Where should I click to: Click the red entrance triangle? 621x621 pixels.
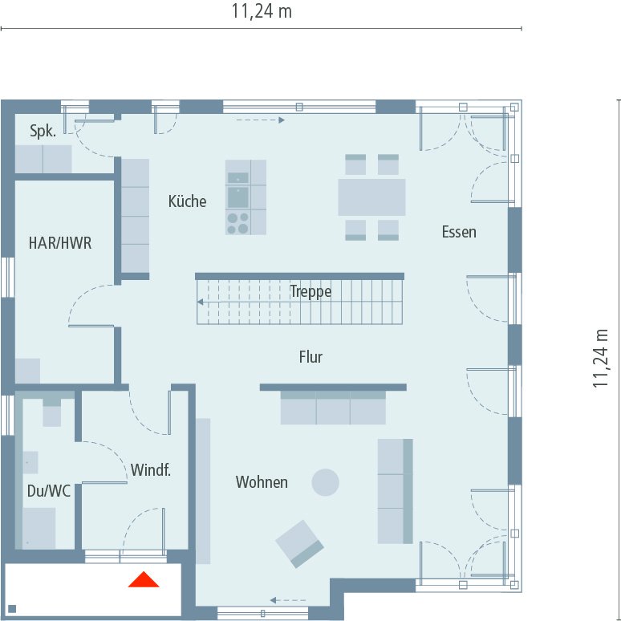coord(144,579)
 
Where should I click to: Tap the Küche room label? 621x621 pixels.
coord(187,201)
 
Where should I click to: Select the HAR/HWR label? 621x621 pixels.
coord(60,243)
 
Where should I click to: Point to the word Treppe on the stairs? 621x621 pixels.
coord(310,292)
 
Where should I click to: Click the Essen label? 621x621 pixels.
coord(459,232)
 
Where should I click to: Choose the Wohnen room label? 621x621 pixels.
coord(262,482)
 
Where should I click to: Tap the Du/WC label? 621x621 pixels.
coord(49,491)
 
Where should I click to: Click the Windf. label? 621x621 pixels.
coord(151,470)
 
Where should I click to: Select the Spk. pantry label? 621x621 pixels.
coord(43,131)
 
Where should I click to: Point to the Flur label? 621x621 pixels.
coord(310,357)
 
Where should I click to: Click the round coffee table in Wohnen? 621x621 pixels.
coord(325,482)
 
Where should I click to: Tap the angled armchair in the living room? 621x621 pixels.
coord(299,544)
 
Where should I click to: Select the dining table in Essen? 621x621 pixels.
coord(371,197)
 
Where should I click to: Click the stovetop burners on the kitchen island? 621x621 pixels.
coord(237,223)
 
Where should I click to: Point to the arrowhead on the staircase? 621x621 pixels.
coord(201,302)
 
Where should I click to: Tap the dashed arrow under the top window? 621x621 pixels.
coord(260,120)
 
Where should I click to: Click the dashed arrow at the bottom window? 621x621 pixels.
coord(288,600)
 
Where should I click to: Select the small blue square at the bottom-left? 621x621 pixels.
coord(12,609)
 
